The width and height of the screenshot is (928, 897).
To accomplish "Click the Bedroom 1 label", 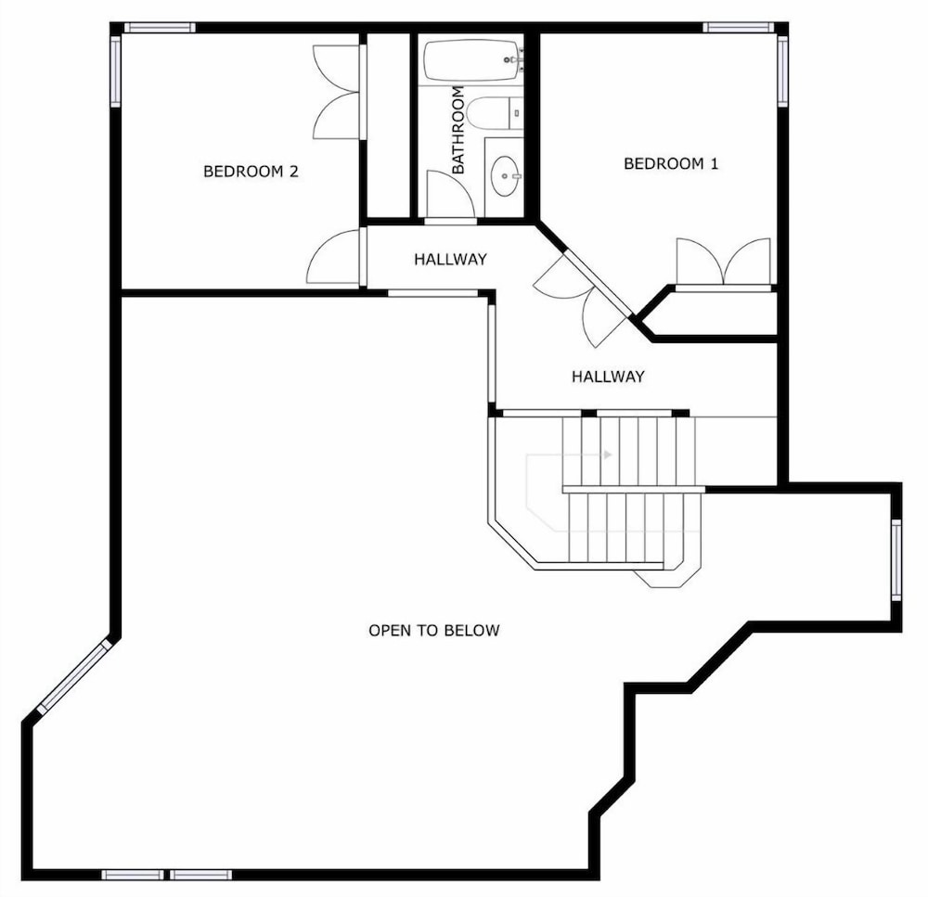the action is pos(671,163).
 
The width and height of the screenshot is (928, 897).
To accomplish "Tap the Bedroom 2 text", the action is pos(251,172).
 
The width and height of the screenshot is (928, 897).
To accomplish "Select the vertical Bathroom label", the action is pos(458,130).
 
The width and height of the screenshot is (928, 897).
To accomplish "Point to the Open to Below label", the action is pos(433,630).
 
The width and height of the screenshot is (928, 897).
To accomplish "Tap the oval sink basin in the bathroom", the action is pos(506,175).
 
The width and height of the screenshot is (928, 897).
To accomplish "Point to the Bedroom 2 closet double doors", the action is pos(336,93).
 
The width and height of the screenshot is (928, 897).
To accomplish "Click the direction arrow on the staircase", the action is pos(607,455).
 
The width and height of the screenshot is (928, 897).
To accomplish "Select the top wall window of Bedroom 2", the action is pos(160,27).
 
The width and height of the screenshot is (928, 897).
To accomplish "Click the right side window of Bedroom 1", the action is pos(782,71).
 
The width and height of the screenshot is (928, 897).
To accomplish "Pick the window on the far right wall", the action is pos(896,559).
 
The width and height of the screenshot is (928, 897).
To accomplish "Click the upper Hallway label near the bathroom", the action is pos(450,259).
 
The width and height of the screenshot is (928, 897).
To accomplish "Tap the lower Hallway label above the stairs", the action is pos(608,377).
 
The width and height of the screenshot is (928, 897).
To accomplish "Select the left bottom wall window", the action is pos(133,875).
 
